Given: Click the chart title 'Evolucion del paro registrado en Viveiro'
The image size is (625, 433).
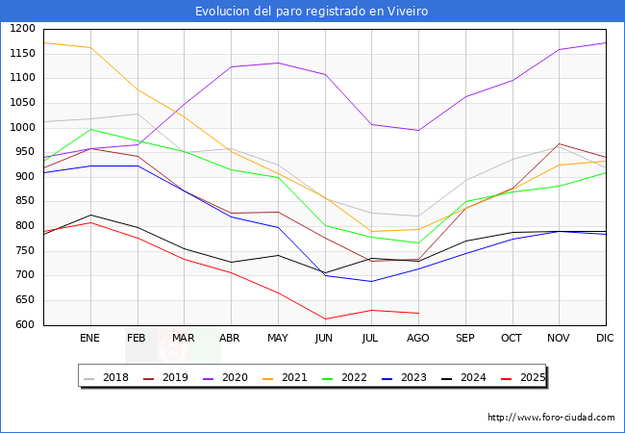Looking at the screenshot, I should click(312, 12).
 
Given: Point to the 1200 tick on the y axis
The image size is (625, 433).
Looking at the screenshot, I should click(22, 29).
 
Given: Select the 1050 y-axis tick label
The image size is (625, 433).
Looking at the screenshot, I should click(22, 103).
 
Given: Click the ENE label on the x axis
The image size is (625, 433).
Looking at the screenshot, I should click(89, 339).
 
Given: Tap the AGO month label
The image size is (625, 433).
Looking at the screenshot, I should click(417, 339).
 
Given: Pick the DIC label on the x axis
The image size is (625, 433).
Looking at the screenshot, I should click(605, 339).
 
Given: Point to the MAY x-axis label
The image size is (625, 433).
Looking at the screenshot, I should click(277, 339).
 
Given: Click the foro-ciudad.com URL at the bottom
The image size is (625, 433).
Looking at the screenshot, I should click(551, 418).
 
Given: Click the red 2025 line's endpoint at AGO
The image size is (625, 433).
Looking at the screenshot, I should click(417, 313).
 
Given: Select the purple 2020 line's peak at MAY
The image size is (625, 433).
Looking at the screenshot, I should click(277, 63).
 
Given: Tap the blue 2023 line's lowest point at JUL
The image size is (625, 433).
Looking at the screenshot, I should click(371, 282).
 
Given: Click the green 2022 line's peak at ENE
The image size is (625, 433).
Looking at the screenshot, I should click(89, 129).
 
